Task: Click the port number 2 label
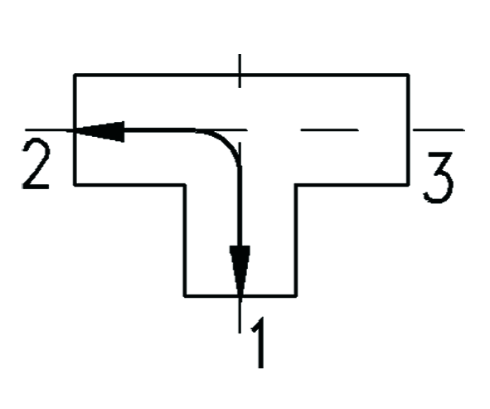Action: [x=36, y=164]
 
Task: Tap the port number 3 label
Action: [x=438, y=178]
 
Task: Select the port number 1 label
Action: [x=258, y=343]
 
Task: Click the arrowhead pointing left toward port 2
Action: [x=99, y=131]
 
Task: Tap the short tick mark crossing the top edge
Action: [x=240, y=71]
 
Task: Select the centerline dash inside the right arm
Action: [x=329, y=129]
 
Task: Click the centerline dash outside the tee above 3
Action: [x=439, y=129]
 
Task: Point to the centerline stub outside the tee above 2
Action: [x=49, y=129]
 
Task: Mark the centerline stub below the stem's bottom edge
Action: [x=240, y=314]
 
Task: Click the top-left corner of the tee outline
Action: [x=75, y=75]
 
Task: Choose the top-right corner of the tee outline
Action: [x=408, y=75]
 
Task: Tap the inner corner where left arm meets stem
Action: [x=185, y=185]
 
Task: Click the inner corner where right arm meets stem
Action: [x=296, y=185]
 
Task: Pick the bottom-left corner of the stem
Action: [x=185, y=295]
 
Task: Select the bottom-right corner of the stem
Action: [x=295, y=295]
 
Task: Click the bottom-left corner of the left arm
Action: [x=75, y=185]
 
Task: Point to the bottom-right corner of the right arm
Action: [x=408, y=185]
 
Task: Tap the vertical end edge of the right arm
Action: [x=408, y=129]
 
